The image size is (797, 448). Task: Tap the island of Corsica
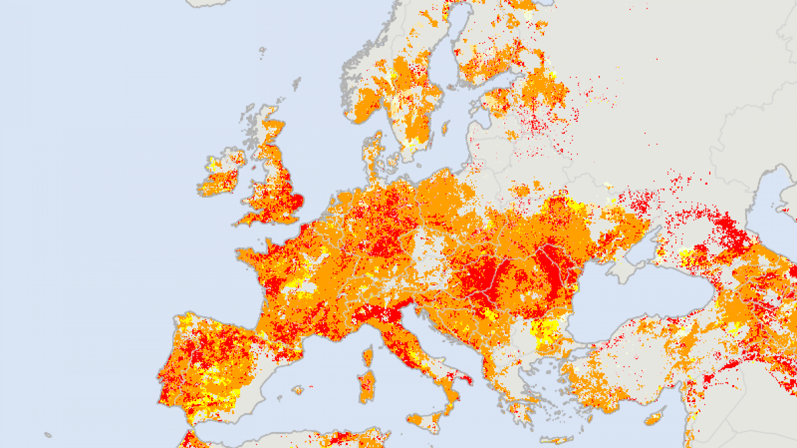(x=368, y=357)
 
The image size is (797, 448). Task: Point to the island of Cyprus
(x=654, y=418)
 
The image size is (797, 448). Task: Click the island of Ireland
(x=221, y=175)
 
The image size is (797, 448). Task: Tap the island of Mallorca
(x=298, y=390)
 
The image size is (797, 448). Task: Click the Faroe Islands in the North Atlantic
(x=262, y=52)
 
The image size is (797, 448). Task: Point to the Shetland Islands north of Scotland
(x=297, y=82)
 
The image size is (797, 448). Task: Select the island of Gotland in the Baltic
(x=445, y=129)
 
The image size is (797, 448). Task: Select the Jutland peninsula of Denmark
(x=372, y=156)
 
